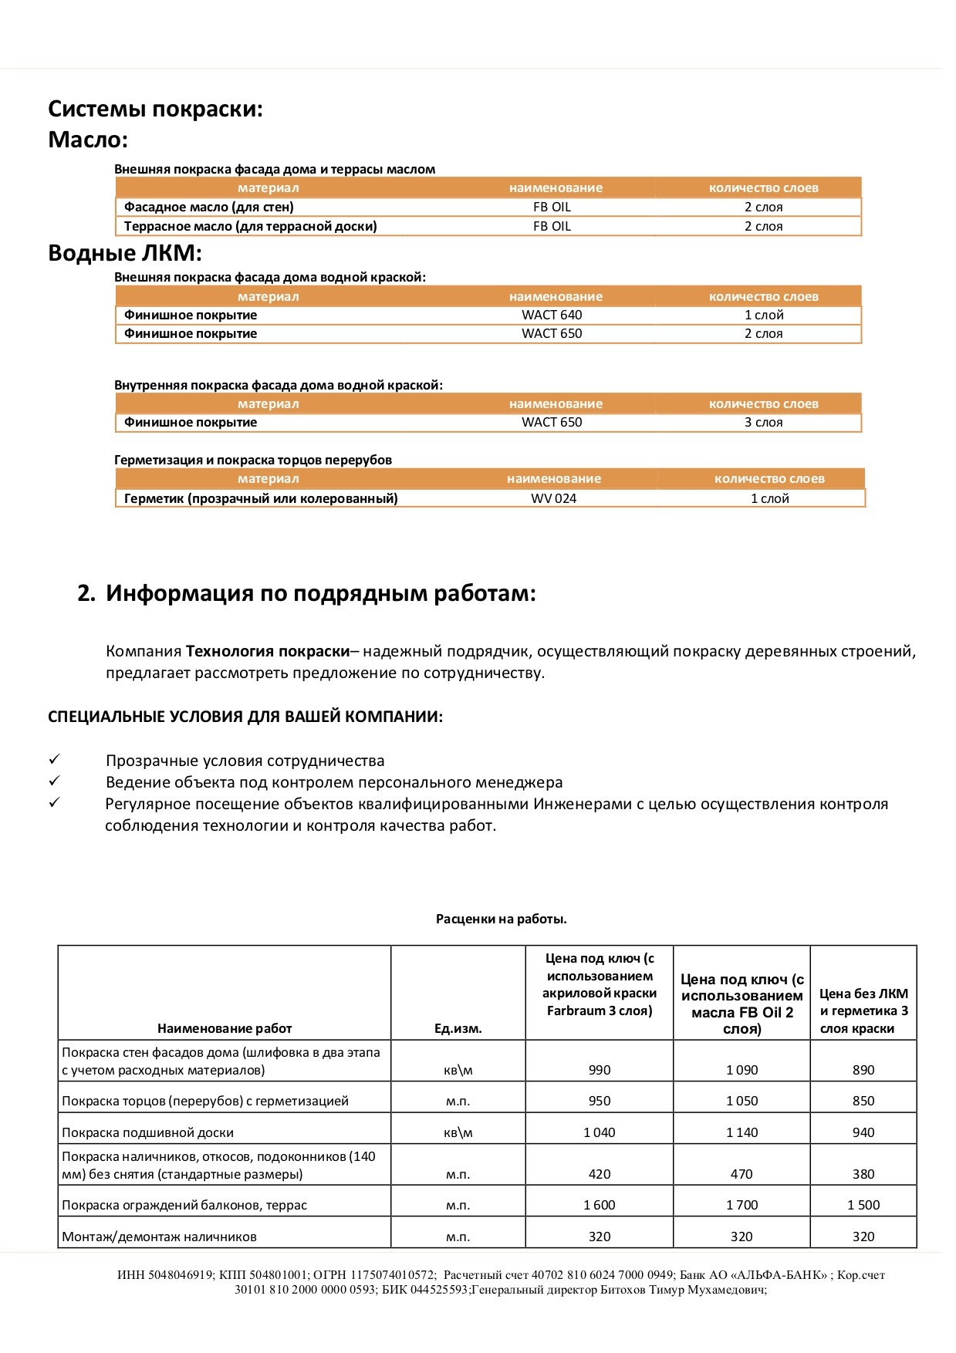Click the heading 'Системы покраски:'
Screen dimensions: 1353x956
click(155, 109)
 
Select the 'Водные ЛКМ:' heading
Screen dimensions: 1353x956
click(125, 253)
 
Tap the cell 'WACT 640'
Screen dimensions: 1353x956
click(552, 315)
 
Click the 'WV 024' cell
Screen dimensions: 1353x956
click(553, 498)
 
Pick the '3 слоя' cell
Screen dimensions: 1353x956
click(763, 422)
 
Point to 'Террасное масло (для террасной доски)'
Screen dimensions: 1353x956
click(251, 226)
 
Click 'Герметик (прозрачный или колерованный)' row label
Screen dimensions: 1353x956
click(261, 498)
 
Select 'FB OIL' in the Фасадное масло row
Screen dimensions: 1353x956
click(552, 207)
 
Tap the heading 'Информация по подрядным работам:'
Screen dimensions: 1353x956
click(320, 593)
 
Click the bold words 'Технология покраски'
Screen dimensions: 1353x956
click(268, 651)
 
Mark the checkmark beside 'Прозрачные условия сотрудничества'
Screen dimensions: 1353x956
click(54, 760)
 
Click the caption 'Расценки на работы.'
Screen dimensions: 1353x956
click(501, 919)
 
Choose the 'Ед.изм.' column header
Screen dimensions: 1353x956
click(458, 1028)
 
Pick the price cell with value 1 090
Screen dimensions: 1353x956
click(741, 1070)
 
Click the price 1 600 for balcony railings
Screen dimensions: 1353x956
click(599, 1205)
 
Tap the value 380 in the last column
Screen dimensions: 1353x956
click(863, 1174)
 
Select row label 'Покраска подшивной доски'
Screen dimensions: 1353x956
click(147, 1132)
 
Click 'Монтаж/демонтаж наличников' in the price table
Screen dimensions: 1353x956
click(159, 1237)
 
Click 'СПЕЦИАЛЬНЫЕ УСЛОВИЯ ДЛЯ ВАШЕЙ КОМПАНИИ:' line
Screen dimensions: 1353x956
click(245, 717)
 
